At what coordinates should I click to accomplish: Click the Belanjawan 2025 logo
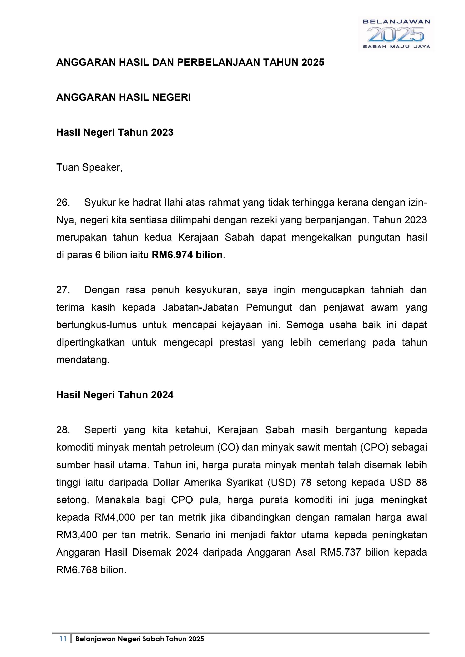coord(396,34)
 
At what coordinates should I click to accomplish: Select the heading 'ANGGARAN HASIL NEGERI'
coord(123,97)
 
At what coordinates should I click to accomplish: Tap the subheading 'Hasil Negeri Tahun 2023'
coord(115,132)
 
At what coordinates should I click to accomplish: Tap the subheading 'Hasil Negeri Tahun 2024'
coord(115,395)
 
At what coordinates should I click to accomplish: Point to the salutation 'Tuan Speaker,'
coord(89,167)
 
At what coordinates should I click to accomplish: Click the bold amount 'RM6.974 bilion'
coord(187,255)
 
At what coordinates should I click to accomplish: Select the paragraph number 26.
coord(63,203)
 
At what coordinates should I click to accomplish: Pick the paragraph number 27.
coord(63,290)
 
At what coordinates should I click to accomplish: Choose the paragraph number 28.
coord(63,430)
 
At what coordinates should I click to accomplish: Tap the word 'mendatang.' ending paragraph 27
coord(83,360)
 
